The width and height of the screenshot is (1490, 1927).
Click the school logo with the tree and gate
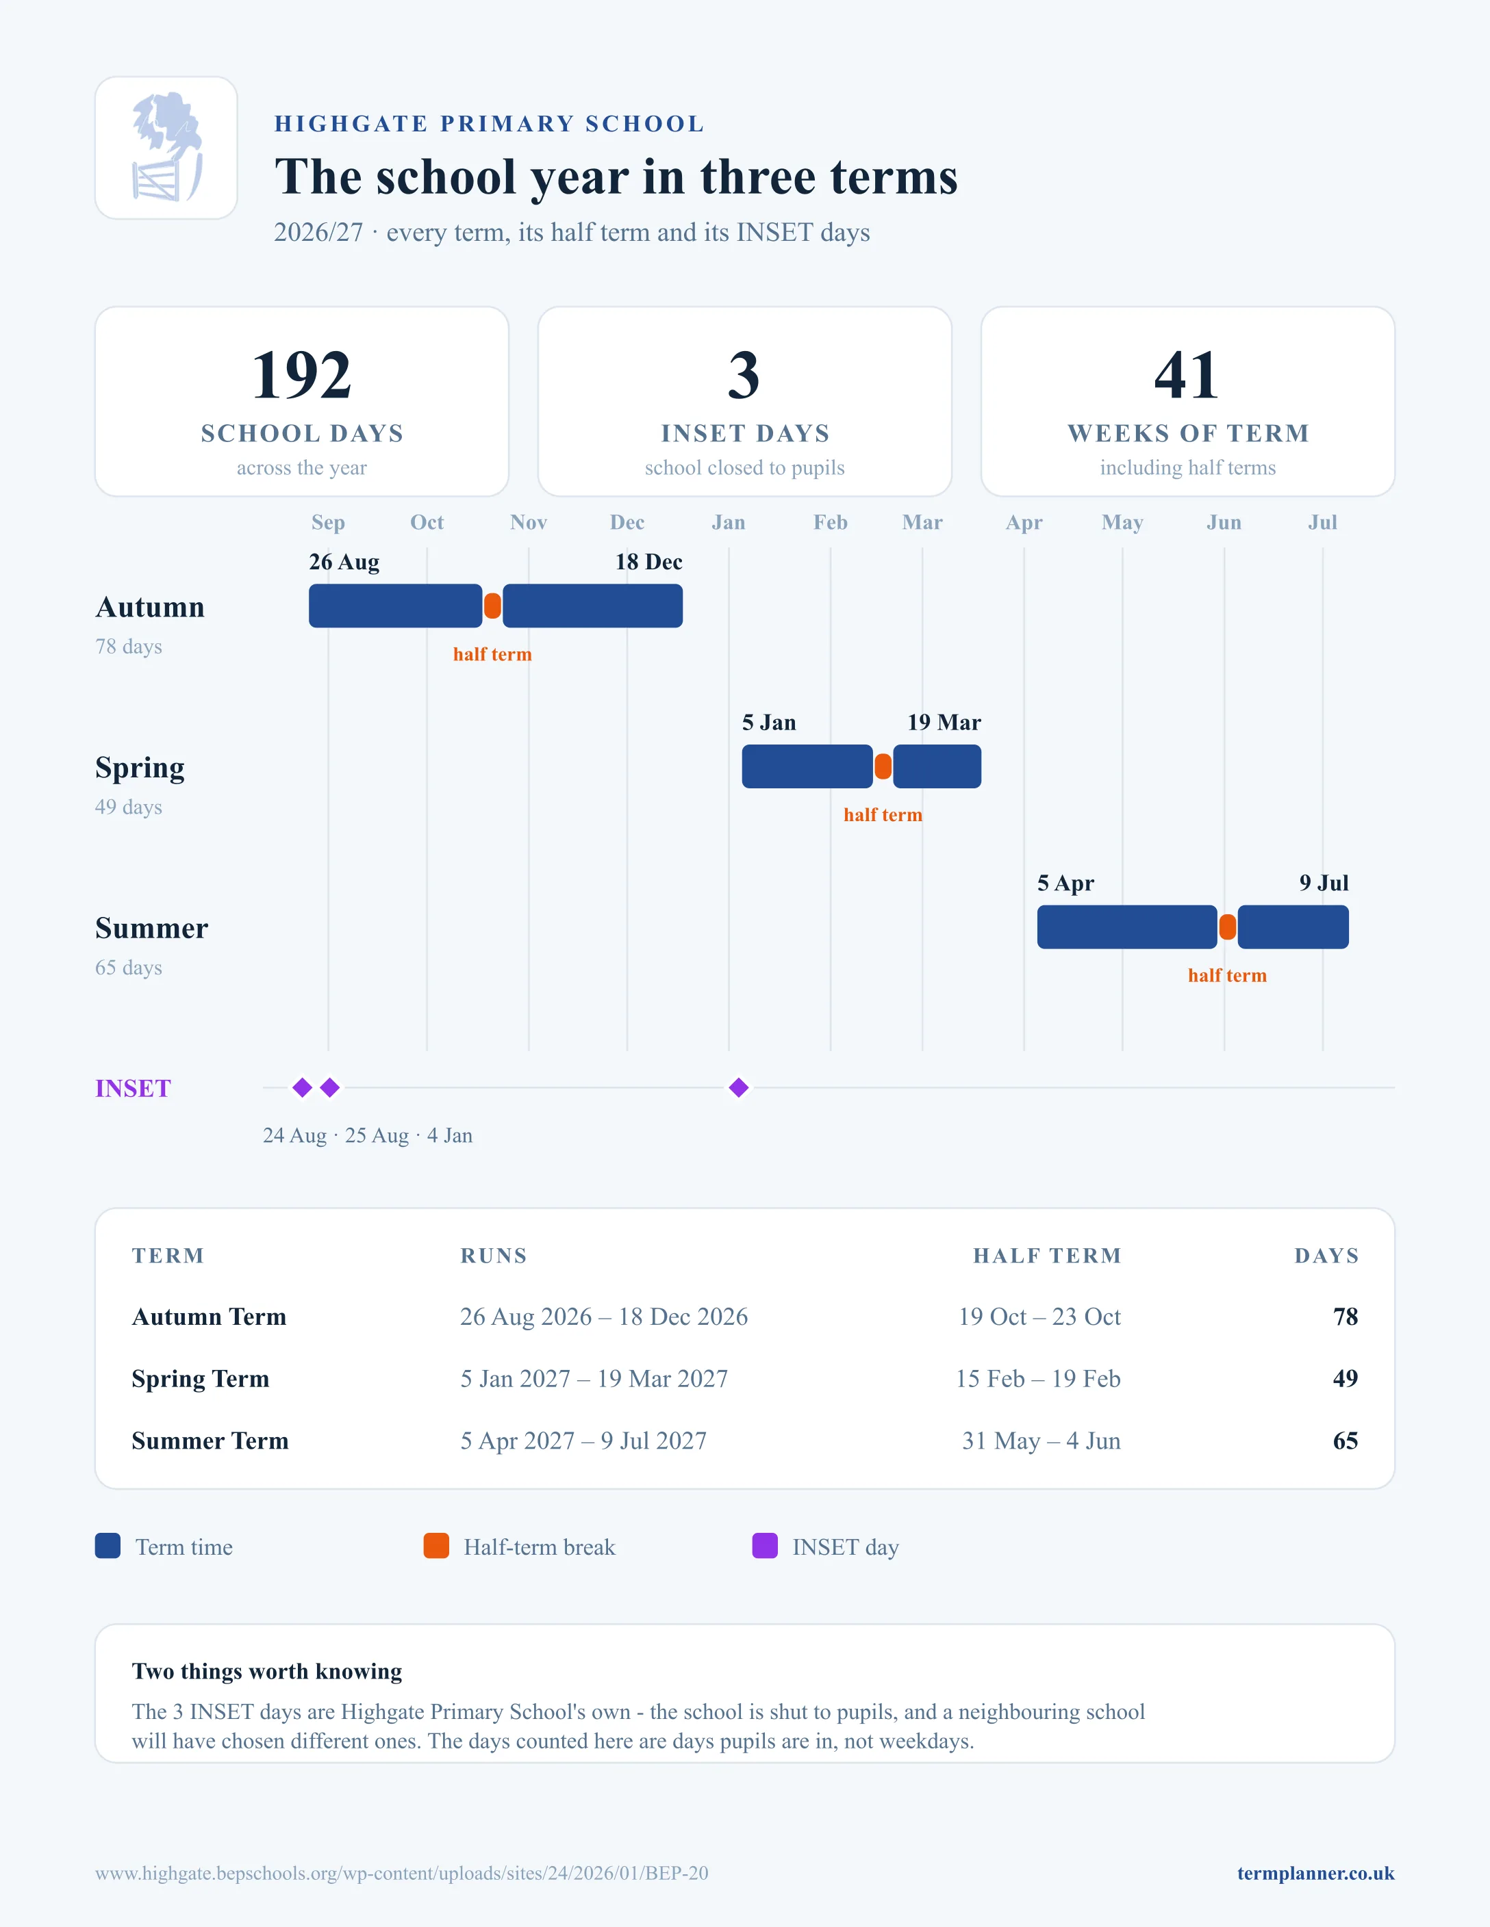(166, 147)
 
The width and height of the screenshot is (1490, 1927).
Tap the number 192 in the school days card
(302, 375)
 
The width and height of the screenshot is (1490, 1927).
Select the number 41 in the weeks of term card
(1187, 375)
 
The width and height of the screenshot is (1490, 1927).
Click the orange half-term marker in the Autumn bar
(492, 606)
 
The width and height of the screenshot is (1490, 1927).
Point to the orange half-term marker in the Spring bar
(883, 766)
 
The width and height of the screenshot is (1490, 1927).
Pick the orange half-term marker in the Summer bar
(1227, 927)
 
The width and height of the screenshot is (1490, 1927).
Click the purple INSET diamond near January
(739, 1088)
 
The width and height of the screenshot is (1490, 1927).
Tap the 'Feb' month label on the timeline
(831, 522)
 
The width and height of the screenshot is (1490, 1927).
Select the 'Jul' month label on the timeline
(1322, 522)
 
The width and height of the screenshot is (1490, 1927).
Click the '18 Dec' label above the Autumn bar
(648, 562)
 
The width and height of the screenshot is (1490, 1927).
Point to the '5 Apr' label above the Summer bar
(1065, 883)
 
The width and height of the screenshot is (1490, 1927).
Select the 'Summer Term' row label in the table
(210, 1441)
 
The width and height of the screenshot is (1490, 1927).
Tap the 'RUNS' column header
(494, 1256)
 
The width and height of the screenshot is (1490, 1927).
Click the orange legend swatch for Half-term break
(436, 1546)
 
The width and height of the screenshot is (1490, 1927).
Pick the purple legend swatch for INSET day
(764, 1546)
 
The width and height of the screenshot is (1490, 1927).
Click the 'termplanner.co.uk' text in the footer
(1315, 1873)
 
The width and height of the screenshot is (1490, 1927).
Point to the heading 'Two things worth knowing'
(266, 1671)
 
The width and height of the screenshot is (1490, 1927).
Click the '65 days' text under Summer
(129, 968)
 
